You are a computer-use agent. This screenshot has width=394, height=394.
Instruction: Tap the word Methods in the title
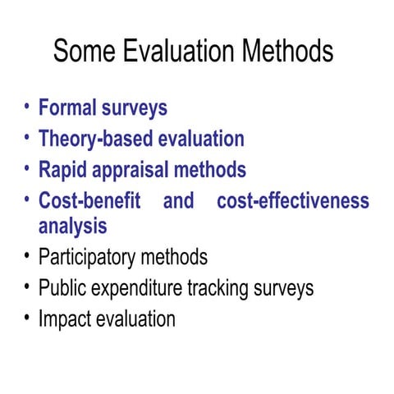[287, 52]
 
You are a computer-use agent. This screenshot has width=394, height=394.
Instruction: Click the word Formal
[67, 108]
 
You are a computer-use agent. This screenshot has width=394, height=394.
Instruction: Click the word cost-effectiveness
[293, 201]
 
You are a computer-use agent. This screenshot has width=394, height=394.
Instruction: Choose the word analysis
[72, 226]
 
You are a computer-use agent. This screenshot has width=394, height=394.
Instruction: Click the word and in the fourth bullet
[178, 201]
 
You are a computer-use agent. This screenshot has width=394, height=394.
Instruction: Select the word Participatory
[86, 257]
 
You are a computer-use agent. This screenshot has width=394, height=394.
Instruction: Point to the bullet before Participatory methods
[27, 255]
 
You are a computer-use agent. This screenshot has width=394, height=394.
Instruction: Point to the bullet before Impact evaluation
[27, 317]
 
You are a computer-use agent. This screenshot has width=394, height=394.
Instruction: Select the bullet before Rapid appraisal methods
[27, 169]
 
